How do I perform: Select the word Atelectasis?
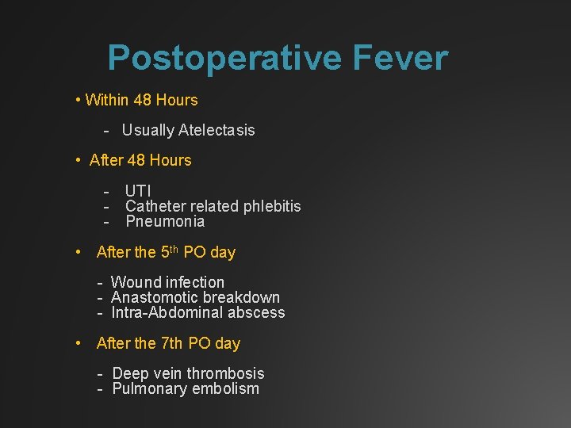217,130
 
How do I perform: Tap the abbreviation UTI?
138,190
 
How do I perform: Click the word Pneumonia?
165,221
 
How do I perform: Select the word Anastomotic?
155,297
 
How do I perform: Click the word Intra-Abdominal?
156,312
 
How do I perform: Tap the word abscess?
256,312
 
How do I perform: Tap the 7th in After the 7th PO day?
172,343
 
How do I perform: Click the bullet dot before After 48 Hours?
79,160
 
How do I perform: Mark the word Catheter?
154,206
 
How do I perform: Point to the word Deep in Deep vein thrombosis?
128,373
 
